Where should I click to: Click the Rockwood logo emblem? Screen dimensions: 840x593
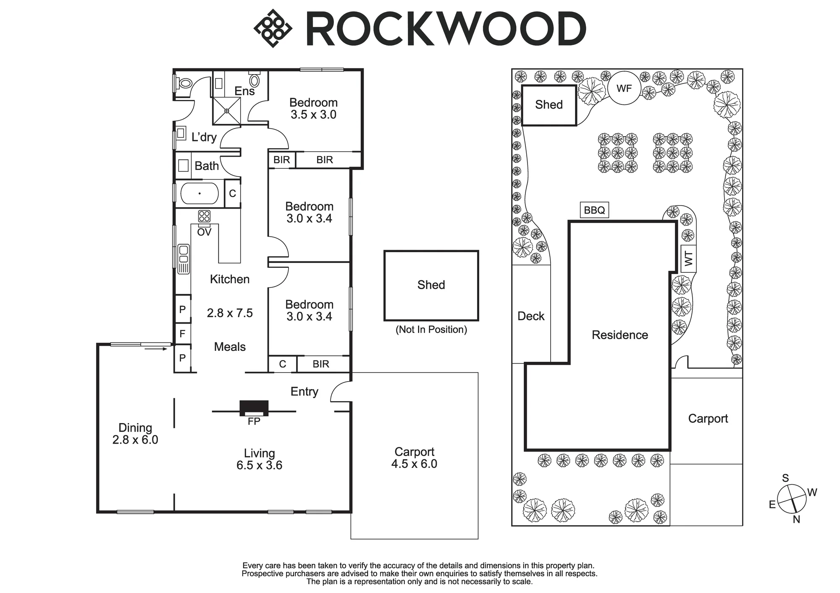(x=273, y=28)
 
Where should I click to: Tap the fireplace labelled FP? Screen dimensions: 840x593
(x=254, y=408)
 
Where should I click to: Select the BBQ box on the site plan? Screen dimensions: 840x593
(x=594, y=210)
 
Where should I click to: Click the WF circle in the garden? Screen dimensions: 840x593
(x=624, y=88)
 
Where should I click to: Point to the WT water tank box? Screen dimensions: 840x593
(x=688, y=259)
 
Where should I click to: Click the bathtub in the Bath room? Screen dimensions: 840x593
(x=199, y=193)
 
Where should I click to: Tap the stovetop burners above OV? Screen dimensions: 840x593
(x=204, y=216)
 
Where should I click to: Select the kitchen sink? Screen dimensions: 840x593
(x=184, y=259)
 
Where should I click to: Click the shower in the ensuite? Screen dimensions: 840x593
(x=226, y=111)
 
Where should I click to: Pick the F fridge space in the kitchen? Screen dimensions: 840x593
(x=182, y=334)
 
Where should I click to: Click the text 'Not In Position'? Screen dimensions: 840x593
(x=431, y=329)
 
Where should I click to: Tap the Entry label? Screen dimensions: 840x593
(x=304, y=392)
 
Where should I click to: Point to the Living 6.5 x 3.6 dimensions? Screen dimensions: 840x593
(x=259, y=465)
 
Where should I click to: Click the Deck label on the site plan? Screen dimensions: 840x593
(x=531, y=316)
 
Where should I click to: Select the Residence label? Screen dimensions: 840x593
(x=620, y=335)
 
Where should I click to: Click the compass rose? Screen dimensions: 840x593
(x=792, y=499)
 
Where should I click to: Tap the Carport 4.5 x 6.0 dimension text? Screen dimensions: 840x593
(x=414, y=464)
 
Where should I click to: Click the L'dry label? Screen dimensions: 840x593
(x=204, y=137)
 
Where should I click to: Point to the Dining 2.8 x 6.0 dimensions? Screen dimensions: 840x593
(x=135, y=440)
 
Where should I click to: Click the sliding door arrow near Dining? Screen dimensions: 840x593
(x=159, y=348)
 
